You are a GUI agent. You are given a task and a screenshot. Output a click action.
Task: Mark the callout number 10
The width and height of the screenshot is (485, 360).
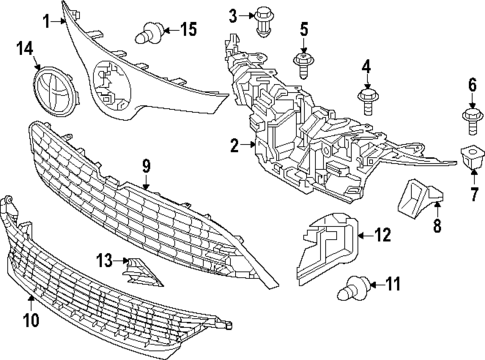tap(29, 322)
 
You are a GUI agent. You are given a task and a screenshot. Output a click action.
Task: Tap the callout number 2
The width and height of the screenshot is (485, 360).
tap(234, 146)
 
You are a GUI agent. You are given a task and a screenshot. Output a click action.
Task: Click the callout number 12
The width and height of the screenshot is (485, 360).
tap(384, 235)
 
